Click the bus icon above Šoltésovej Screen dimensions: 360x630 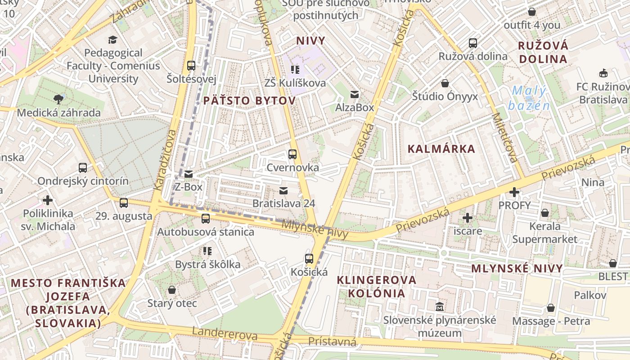(191, 65)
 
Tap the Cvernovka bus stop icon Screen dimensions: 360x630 (292, 154)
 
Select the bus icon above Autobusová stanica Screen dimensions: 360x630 (206, 219)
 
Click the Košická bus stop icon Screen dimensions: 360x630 (309, 259)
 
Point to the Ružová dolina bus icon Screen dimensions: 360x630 (473, 43)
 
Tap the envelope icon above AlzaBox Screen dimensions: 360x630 (355, 94)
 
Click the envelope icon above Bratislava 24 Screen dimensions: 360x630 (283, 190)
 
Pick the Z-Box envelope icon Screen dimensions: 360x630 (189, 174)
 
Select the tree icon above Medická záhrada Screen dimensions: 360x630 (58, 99)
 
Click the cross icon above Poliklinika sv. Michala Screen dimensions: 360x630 (48, 200)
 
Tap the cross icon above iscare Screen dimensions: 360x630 (468, 218)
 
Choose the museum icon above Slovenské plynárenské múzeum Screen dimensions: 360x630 (440, 307)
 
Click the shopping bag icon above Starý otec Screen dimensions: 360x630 (172, 289)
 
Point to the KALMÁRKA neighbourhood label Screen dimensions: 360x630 (441, 149)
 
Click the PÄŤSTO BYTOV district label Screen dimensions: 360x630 (249, 100)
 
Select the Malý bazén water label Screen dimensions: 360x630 (529, 98)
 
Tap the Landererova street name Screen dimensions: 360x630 (225, 333)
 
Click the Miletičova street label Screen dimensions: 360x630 (504, 137)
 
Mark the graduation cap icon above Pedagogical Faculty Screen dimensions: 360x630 (112, 40)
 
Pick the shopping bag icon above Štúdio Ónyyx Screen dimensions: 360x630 (445, 83)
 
